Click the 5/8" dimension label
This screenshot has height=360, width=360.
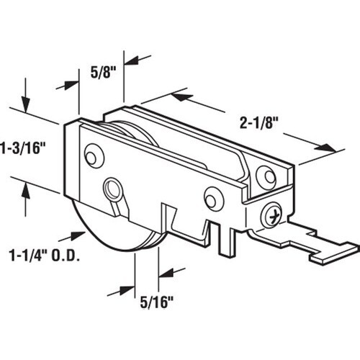click(x=103, y=72)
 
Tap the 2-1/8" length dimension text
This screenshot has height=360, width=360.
click(x=258, y=123)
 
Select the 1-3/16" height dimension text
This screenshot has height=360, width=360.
click(x=23, y=148)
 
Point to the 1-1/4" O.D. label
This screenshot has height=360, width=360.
click(x=44, y=256)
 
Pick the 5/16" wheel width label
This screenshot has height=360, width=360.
click(x=157, y=302)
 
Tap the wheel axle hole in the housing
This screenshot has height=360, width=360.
click(x=113, y=189)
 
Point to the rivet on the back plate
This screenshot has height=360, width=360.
click(x=266, y=177)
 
